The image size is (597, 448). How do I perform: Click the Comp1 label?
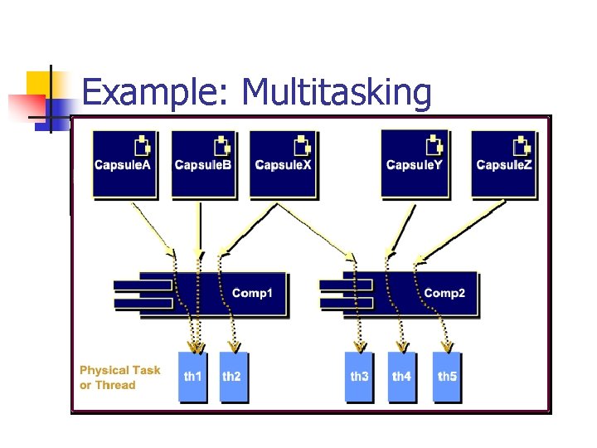coord(252,294)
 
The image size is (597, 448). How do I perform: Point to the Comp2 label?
coord(444,294)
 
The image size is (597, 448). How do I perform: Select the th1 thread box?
coord(192,377)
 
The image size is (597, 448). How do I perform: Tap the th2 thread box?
coord(232,377)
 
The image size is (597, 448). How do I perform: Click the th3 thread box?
coord(359,377)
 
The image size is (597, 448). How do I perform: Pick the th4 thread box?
coord(402,377)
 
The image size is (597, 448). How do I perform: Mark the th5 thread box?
coord(447,377)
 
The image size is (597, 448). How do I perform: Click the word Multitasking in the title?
coord(336,93)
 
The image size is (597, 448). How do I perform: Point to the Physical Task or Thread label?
coord(119,377)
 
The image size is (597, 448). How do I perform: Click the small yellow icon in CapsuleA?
coord(143,145)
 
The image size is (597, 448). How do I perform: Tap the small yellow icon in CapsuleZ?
coord(522,145)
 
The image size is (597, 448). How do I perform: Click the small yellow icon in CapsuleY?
coord(434,145)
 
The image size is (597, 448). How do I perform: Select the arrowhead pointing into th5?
coord(447,347)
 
